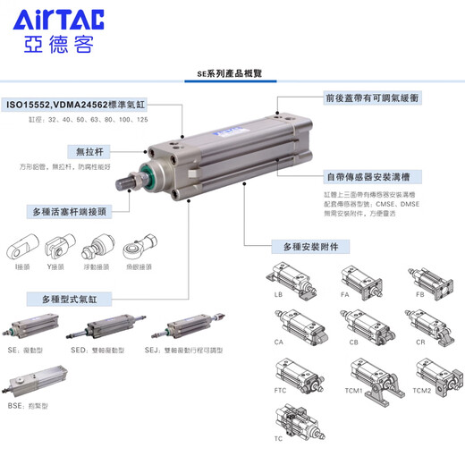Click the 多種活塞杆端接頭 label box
[x=72, y=213]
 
